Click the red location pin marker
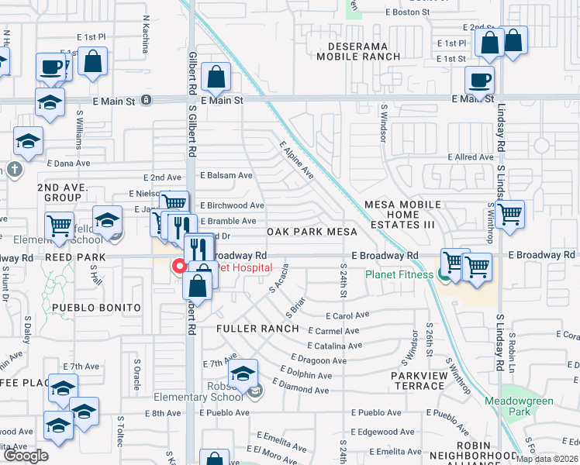179,267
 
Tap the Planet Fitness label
400,274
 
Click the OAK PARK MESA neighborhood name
312,232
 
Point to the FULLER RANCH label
257,329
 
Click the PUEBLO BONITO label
96,308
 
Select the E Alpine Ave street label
295,160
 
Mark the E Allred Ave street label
471,157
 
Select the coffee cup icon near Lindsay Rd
479,80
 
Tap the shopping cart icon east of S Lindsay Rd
509,214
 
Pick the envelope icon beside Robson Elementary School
256,393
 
